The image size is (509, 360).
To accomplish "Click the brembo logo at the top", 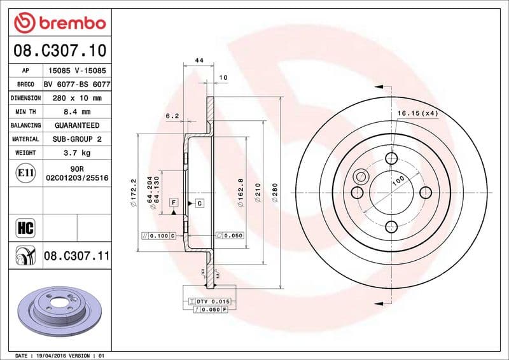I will tap(59, 24).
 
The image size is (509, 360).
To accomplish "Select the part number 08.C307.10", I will tap(59, 50).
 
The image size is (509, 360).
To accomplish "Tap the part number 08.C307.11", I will tap(77, 256).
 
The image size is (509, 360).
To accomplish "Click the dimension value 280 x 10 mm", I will tap(76, 98).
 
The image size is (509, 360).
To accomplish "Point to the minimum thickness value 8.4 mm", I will tap(76, 112).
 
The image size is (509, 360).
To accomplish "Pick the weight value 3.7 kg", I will tap(76, 153).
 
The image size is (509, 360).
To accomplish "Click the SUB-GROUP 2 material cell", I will tap(76, 139).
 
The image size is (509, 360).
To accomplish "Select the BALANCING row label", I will tap(25, 125).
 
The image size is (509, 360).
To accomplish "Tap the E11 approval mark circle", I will tap(25, 172).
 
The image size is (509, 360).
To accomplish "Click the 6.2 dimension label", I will tap(172, 116).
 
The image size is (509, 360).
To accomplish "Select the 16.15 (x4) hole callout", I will tap(418, 113).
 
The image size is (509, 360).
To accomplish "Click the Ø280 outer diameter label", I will tap(275, 193).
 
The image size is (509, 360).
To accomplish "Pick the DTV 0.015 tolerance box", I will tap(211, 300).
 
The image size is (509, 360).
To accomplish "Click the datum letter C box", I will tap(199, 203).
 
